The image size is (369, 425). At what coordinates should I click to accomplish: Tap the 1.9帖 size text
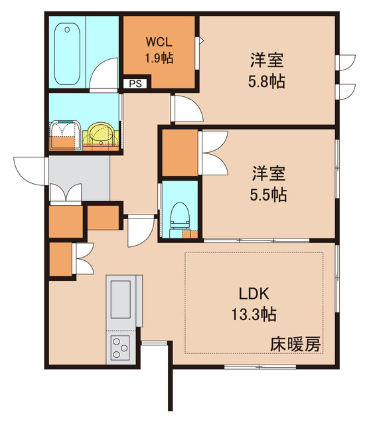coord(159,58)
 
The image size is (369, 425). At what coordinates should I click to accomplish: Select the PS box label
coord(135,84)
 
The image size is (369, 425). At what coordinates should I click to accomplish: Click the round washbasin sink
coord(101,135)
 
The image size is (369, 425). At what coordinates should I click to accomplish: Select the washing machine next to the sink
coord(64,135)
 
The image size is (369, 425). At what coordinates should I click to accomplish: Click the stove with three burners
coord(120,346)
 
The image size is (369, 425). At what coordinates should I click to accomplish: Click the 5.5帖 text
coord(267,195)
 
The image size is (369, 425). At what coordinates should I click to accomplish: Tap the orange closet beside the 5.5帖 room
coord(180,153)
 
